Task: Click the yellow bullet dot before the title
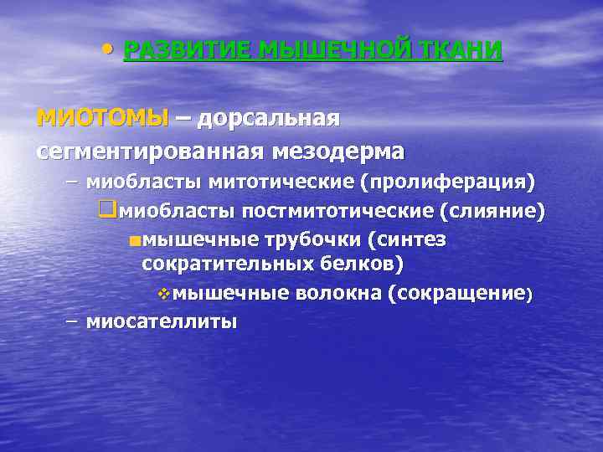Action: (104, 47)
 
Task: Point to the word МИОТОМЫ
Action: (102, 118)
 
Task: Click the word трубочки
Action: (310, 241)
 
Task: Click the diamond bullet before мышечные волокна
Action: (164, 294)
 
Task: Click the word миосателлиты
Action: (162, 322)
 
